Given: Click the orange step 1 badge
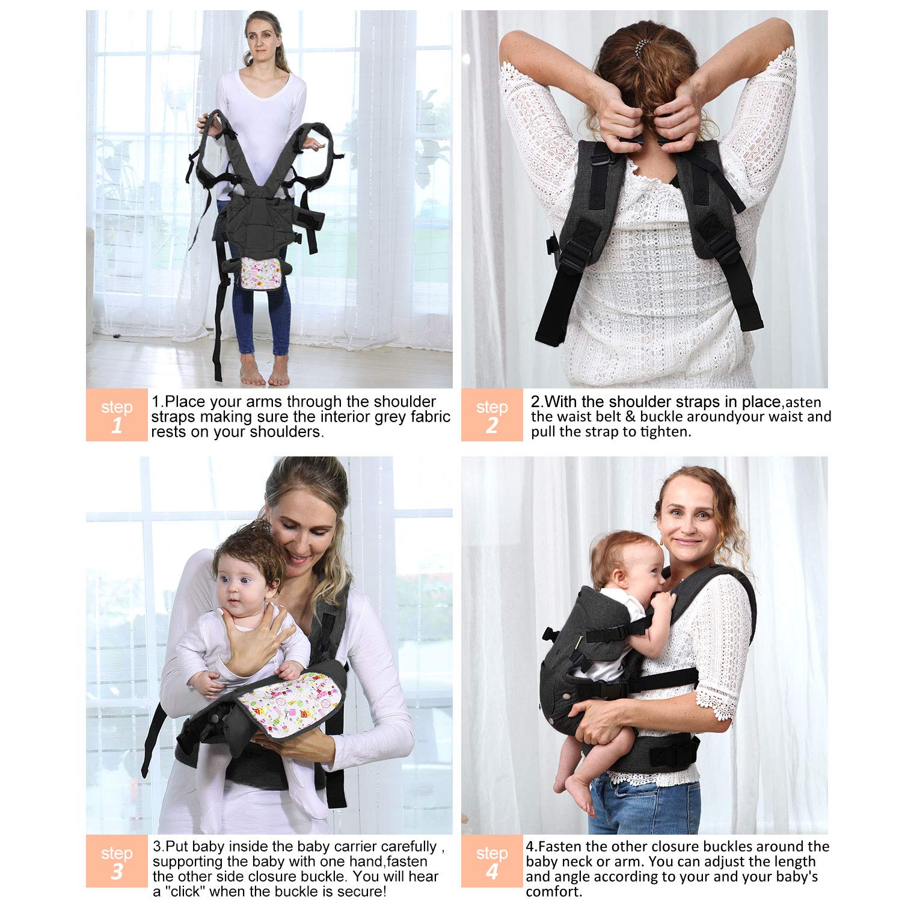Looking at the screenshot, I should pos(117,415).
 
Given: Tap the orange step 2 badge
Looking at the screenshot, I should pos(492,415).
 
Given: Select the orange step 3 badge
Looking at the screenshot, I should pos(117,861).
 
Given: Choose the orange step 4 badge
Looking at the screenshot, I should pos(492,861).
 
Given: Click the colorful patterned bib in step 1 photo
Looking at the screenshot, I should pos(261,273).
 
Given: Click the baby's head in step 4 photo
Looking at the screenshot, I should pos(625,562).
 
